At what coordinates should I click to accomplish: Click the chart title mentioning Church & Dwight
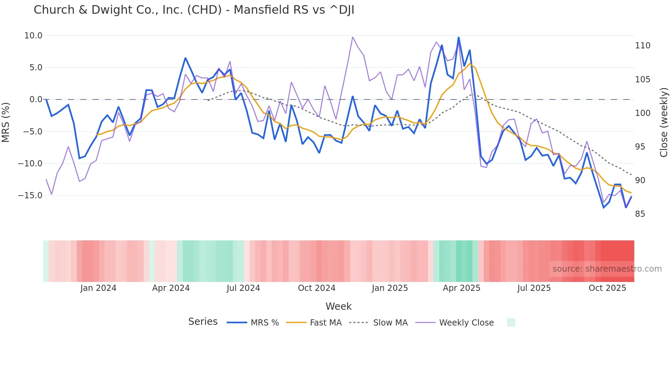click(194, 10)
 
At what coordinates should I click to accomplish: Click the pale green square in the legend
click(511, 322)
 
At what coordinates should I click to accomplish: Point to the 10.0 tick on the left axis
click(33, 36)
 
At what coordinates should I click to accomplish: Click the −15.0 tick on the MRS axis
click(30, 196)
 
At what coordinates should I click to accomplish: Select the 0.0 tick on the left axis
click(36, 99)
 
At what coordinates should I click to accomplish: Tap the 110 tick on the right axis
click(643, 46)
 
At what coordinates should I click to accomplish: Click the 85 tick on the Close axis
click(640, 214)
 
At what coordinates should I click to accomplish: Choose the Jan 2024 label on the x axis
click(98, 288)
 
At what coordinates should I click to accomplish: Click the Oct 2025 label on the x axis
click(607, 288)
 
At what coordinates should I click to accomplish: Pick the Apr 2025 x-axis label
click(461, 288)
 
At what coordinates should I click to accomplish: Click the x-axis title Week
click(338, 306)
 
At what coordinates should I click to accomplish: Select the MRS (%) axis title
click(6, 122)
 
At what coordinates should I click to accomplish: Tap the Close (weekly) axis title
click(664, 122)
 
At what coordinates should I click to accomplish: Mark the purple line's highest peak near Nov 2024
click(353, 37)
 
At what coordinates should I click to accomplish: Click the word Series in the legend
click(203, 322)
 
